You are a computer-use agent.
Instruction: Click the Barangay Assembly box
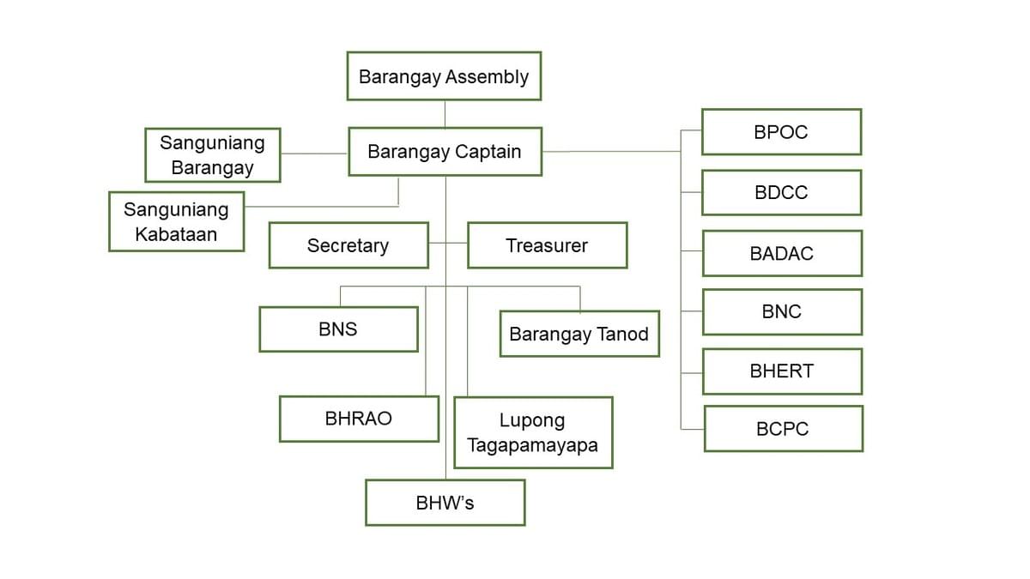(x=444, y=76)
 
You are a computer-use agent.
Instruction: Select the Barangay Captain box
(x=445, y=152)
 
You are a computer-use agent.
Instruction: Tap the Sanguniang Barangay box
(x=212, y=155)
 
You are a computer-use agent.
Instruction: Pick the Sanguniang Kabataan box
(x=176, y=221)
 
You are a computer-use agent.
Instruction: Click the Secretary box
(x=348, y=245)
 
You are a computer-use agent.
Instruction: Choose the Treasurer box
(x=547, y=245)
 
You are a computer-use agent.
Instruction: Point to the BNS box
(x=338, y=329)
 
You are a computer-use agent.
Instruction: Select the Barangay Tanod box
(x=579, y=334)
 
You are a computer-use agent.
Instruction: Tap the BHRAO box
(x=359, y=419)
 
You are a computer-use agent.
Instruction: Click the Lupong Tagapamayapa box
(x=533, y=432)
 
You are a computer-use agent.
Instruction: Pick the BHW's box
(x=445, y=503)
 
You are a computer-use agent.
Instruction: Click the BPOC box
(x=781, y=132)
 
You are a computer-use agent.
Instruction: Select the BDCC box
(x=781, y=193)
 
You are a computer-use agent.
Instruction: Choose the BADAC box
(x=782, y=254)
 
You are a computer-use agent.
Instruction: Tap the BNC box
(x=782, y=312)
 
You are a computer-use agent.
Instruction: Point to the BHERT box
(x=782, y=371)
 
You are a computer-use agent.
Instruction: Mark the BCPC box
(x=783, y=429)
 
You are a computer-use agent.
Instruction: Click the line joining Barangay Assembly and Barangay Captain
(x=445, y=114)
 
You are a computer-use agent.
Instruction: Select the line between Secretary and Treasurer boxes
(x=448, y=244)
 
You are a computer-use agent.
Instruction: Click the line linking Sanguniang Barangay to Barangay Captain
(x=314, y=154)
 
